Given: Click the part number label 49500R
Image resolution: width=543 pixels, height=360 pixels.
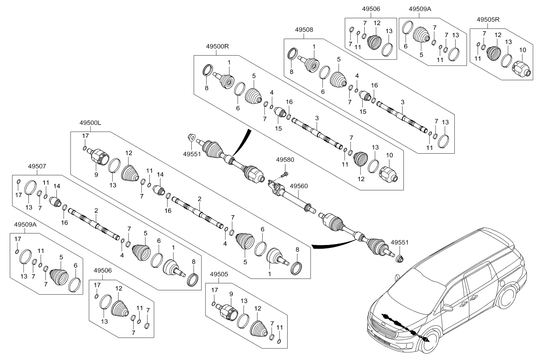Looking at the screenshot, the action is pos(217,46).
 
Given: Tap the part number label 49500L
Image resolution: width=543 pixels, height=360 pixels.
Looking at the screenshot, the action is pos(90,123).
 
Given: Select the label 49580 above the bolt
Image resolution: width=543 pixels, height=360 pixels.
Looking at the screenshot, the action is pos(285,160).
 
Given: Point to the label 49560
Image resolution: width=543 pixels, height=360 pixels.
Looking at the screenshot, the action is pos(299,186).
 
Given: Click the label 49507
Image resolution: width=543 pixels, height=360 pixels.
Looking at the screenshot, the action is pos(37,166).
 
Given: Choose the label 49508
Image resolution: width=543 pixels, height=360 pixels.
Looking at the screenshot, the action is pos(304,30).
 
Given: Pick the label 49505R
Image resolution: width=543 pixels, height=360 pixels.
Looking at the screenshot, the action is pos(488,20).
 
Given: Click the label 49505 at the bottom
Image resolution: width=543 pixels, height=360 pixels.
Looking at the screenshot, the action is pos(219,274).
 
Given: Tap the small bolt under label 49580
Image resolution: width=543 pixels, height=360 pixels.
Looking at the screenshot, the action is pos(285,174).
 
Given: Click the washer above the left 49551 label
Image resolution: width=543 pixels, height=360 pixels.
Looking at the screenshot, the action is pos(191,138).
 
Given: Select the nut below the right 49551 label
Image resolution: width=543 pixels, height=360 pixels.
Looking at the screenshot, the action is pos(399,259).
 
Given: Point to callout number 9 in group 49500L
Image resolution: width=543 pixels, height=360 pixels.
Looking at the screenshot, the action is pos(96,174).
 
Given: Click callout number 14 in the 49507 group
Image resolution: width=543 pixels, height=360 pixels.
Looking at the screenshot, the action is pos(57,186).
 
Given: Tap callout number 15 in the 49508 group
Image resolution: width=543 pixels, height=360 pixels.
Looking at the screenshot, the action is pos(363,112).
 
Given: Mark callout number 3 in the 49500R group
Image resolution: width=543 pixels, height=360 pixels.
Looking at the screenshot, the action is pos(317,118).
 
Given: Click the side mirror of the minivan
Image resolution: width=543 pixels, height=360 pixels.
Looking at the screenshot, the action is pos(448,308).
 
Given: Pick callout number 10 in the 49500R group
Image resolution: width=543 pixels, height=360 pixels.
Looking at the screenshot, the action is pos(389,155).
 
